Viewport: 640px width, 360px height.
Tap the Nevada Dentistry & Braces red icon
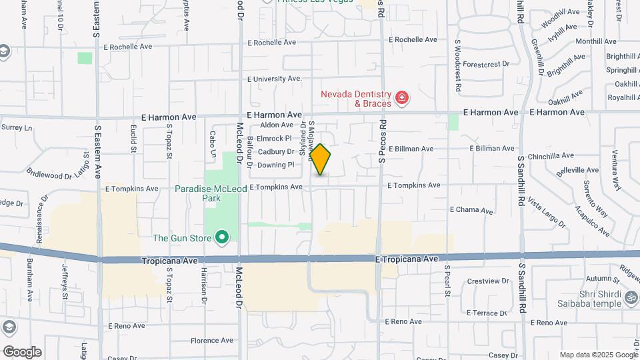click(401, 99)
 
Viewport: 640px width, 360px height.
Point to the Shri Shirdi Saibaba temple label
click(586, 301)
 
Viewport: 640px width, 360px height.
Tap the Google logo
click(22, 352)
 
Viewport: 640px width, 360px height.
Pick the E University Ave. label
click(275, 79)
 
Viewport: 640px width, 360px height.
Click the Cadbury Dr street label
click(276, 151)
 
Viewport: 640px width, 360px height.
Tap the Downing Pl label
click(276, 165)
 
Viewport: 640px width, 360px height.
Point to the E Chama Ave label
click(472, 210)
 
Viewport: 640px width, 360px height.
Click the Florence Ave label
click(212, 340)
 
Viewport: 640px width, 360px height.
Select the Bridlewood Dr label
click(49, 175)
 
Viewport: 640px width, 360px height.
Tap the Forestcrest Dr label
click(486, 65)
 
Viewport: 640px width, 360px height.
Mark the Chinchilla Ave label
click(551, 156)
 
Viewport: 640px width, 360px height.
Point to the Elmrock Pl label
click(275, 139)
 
